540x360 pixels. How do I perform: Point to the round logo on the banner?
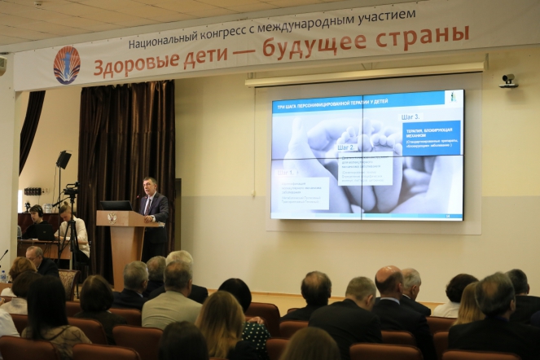[67, 65]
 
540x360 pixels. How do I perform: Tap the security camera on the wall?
[508, 81]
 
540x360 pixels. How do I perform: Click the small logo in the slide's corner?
[453, 98]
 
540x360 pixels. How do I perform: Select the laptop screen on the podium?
[116, 205]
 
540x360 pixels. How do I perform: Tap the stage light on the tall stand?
[64, 159]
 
